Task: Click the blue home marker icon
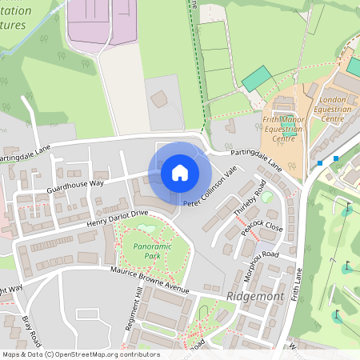pos(180,173)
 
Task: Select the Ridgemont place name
pos(255,296)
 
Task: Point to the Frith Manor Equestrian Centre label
pos(283,127)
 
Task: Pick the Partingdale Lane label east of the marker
pos(256,160)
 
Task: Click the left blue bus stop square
pos(319,163)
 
